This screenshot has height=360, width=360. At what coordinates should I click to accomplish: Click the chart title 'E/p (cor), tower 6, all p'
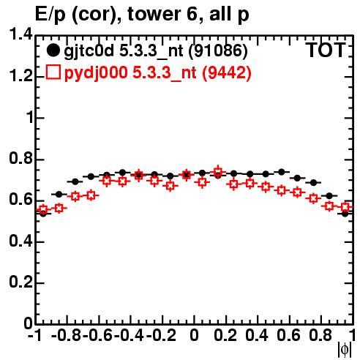click(142, 15)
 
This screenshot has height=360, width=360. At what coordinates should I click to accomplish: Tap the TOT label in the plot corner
click(326, 50)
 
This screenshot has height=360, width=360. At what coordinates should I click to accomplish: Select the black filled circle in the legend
click(53, 50)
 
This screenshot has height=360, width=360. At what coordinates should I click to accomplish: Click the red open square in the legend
click(53, 72)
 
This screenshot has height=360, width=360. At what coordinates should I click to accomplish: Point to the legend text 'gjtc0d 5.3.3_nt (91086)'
click(156, 51)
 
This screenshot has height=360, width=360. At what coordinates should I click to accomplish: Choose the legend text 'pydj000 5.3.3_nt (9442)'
click(158, 73)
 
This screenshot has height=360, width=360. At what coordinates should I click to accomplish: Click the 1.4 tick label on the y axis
click(20, 34)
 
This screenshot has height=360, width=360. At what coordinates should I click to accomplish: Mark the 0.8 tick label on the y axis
click(20, 158)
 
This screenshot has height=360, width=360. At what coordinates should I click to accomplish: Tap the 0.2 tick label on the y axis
click(20, 282)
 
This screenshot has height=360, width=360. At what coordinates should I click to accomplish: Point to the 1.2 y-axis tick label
click(20, 75)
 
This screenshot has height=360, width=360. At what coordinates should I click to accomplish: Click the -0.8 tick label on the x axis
click(67, 335)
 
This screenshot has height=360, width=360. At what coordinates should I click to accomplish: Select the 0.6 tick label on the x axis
click(289, 335)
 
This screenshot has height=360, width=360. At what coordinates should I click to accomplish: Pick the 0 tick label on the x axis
click(194, 335)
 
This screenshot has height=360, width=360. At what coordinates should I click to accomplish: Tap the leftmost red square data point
click(43, 209)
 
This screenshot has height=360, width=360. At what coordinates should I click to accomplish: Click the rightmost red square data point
click(345, 207)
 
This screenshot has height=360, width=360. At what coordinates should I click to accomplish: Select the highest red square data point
click(218, 171)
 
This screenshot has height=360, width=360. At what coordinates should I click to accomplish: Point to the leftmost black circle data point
click(43, 214)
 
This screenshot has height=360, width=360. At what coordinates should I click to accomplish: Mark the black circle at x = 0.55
click(282, 172)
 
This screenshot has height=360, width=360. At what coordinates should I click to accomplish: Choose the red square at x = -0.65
click(91, 195)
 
